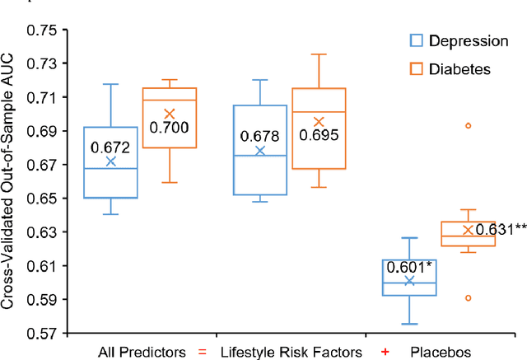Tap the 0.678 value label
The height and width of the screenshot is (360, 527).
pos(259,136)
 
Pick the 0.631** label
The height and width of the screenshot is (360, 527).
pos(497,229)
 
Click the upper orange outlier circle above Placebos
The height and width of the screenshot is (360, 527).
pos(468,126)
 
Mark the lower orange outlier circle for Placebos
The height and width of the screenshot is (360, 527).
pos(468,298)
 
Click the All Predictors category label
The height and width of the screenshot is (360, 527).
pos(141,352)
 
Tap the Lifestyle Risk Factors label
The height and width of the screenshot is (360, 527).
pos(292,352)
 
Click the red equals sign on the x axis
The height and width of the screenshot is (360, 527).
pos(202,352)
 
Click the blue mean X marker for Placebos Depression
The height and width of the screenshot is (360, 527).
pos(409,281)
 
